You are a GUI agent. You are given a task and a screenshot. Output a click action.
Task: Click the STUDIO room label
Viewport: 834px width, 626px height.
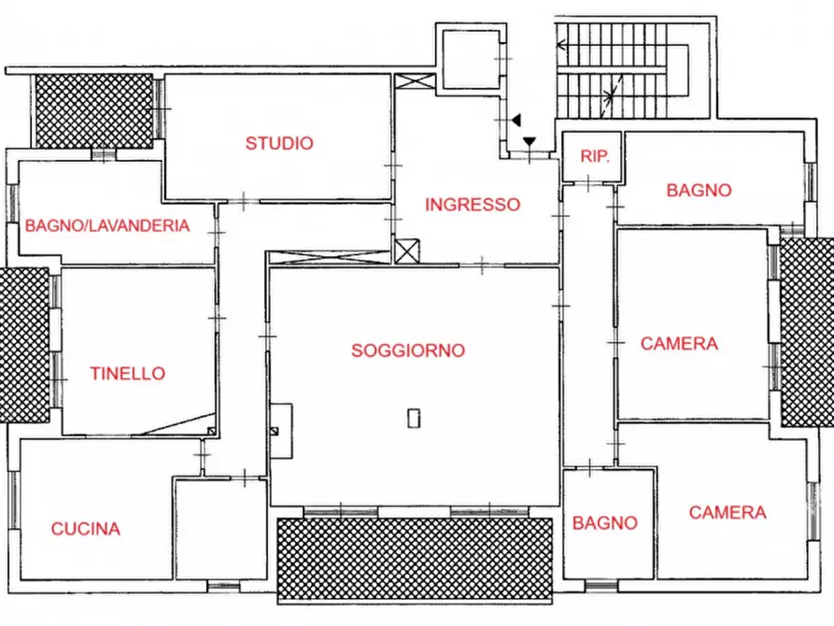tap(279, 144)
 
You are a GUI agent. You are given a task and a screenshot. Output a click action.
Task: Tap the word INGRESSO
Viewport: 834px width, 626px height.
tap(473, 205)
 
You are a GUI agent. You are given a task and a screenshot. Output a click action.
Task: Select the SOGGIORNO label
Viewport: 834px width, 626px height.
tap(408, 351)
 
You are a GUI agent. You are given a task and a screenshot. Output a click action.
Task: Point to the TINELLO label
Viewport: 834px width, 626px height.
tap(128, 374)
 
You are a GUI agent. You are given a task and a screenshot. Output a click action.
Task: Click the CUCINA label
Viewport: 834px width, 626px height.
tap(86, 529)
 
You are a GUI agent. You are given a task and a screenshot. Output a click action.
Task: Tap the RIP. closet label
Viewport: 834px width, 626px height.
tap(595, 157)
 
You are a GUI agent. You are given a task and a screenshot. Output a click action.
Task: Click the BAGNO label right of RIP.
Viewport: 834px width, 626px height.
tap(699, 191)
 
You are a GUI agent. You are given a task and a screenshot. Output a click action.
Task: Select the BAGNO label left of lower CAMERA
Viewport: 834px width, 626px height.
tap(605, 523)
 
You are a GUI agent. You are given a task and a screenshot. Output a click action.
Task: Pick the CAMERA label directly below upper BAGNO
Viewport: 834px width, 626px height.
tap(679, 344)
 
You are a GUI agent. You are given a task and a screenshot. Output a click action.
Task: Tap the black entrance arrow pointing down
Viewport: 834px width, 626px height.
tap(530, 142)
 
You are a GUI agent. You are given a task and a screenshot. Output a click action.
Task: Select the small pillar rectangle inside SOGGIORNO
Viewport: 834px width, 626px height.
tap(415, 418)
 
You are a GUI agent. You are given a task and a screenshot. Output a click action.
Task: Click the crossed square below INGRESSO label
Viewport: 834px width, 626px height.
tap(407, 251)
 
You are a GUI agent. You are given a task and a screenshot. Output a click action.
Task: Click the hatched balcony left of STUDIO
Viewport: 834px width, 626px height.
tap(93, 110)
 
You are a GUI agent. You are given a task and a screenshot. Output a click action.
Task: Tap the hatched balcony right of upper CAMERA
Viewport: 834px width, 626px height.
tap(806, 332)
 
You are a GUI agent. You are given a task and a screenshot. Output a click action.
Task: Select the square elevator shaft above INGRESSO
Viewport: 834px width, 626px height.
tap(470, 58)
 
